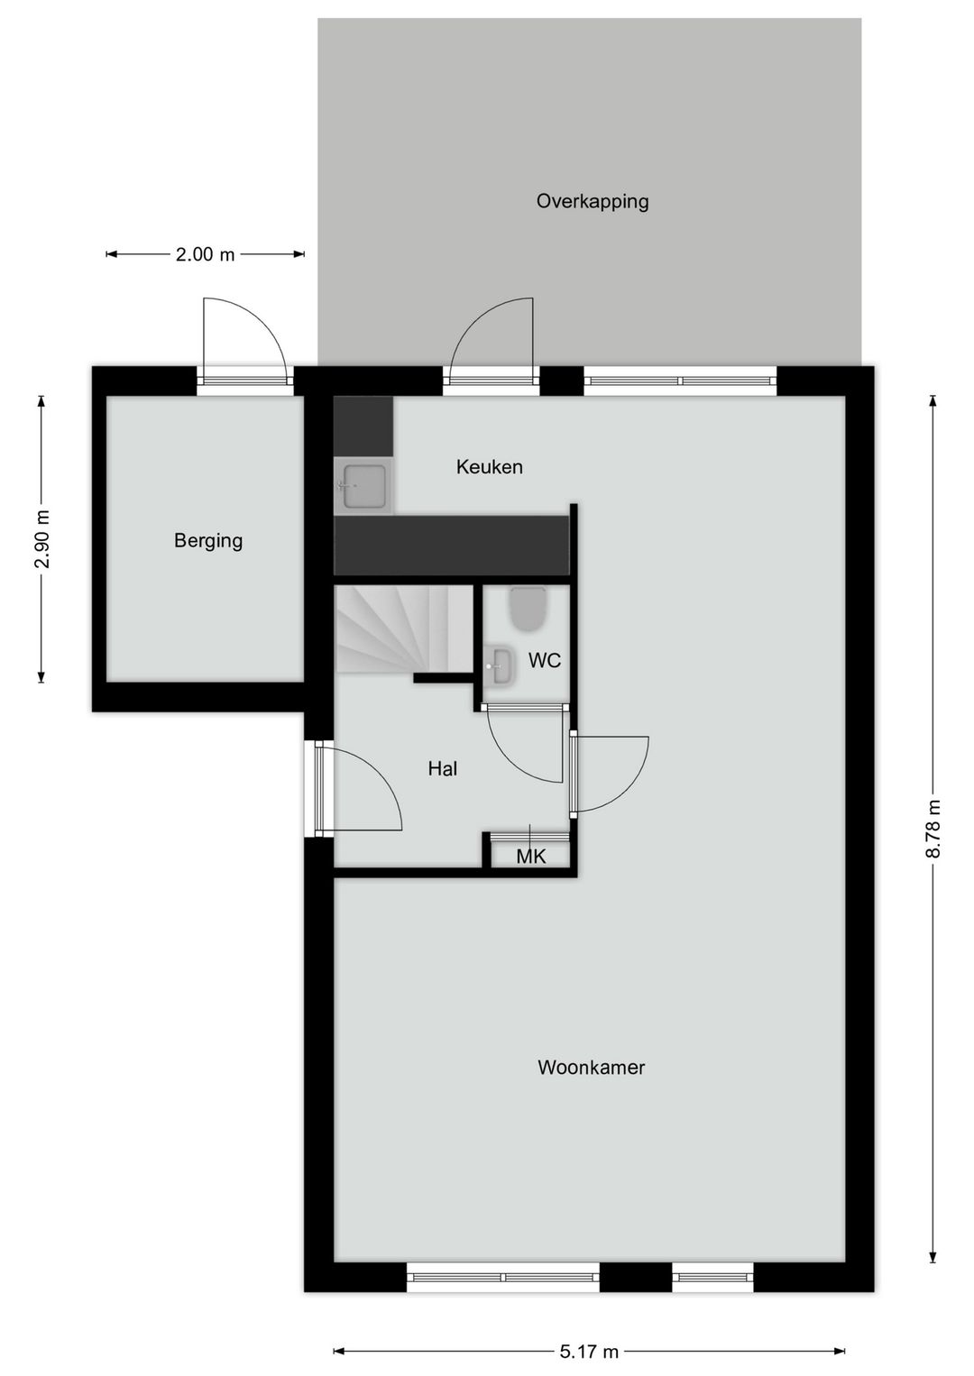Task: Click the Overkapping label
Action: point(593,201)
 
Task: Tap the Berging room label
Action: point(208,540)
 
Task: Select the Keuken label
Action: point(489,466)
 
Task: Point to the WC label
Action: point(544,660)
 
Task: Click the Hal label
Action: point(442,768)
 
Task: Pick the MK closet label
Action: point(530,856)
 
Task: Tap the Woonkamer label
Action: point(591,1067)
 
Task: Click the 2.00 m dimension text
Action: point(205,254)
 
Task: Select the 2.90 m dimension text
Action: point(41,539)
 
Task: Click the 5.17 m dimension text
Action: point(589,1351)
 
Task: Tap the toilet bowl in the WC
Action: point(528,609)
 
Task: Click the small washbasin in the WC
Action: point(498,667)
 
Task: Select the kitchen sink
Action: point(363,486)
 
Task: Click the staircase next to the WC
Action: point(402,628)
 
